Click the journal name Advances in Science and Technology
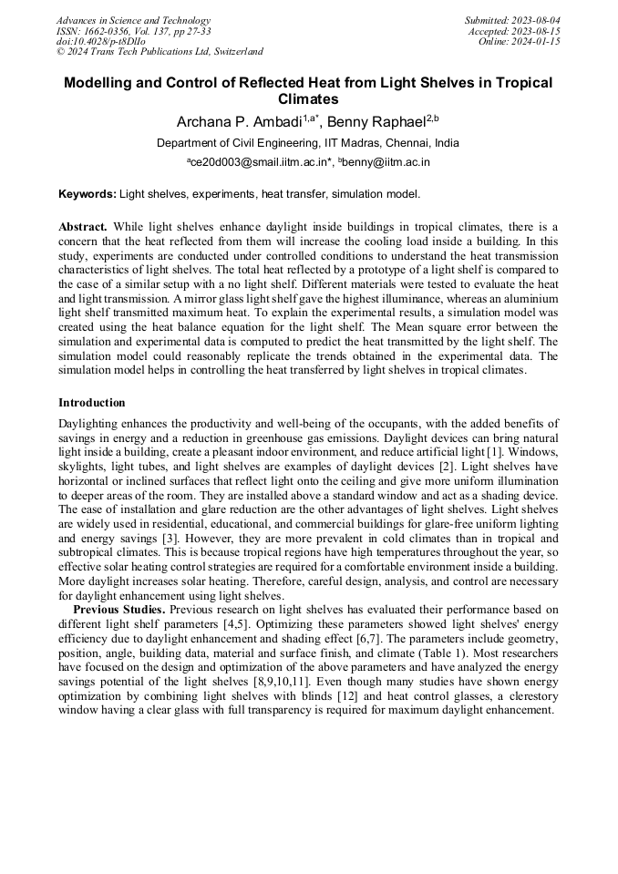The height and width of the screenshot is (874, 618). tap(133, 20)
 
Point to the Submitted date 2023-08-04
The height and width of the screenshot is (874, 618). tap(512, 20)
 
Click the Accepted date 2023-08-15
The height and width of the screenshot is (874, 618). tap(514, 31)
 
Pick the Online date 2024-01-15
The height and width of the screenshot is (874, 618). tap(520, 41)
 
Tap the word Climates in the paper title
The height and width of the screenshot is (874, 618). tap(308, 99)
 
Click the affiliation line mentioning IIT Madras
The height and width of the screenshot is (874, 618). tap(308, 143)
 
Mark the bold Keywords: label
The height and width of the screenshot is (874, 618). tap(88, 194)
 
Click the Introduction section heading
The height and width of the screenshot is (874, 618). tap(92, 403)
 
